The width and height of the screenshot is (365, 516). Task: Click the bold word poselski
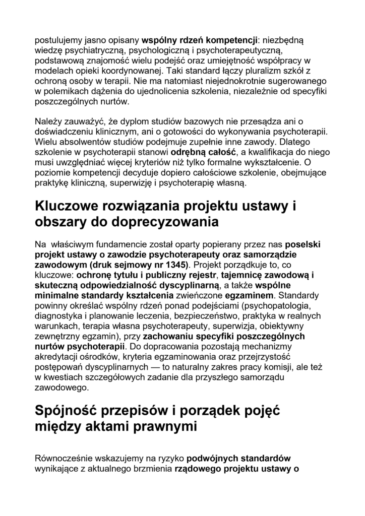(303, 243)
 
